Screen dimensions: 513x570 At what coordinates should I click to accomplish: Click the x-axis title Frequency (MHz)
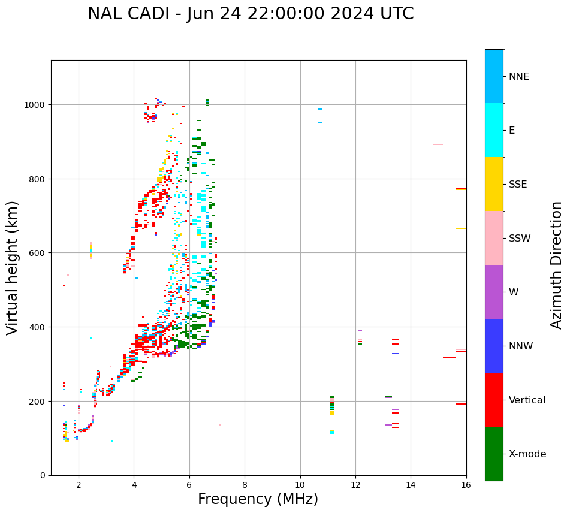click(258, 499)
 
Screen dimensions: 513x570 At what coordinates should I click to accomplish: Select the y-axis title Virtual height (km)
click(13, 268)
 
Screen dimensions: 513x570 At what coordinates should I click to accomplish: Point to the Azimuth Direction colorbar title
click(557, 265)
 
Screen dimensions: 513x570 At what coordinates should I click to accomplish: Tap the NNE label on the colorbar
click(519, 77)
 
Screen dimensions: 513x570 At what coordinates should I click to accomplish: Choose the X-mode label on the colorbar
click(527, 454)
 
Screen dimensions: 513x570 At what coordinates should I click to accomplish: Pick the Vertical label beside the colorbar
click(527, 400)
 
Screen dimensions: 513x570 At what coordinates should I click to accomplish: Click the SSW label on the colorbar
click(520, 239)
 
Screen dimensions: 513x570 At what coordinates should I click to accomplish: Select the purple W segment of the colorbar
click(494, 292)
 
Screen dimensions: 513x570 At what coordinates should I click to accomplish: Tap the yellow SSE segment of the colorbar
click(494, 184)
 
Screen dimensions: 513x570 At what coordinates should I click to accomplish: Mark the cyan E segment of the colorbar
click(494, 130)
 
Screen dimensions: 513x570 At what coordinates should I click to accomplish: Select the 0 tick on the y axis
click(43, 475)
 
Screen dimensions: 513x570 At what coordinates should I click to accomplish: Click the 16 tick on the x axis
click(466, 485)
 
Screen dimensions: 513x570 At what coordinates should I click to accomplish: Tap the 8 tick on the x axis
click(245, 485)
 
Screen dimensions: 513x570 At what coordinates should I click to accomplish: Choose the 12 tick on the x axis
click(355, 485)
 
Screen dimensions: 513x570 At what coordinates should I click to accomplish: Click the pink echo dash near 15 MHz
click(438, 144)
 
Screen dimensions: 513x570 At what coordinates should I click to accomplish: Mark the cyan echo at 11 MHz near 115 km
click(331, 432)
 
